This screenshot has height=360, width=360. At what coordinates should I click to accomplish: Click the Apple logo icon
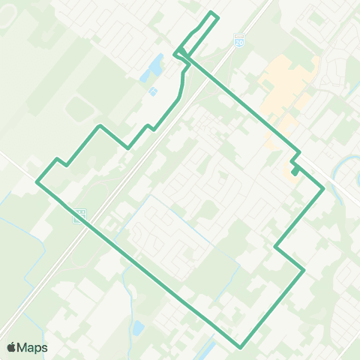click(11, 347)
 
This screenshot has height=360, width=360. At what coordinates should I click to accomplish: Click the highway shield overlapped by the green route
click(80, 215)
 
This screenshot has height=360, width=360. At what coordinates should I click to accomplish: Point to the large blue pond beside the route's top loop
click(155, 67)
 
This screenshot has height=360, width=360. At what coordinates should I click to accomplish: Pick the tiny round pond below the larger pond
click(153, 91)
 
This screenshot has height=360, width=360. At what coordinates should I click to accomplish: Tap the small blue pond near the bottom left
click(139, 328)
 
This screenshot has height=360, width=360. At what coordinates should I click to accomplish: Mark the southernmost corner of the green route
click(241, 347)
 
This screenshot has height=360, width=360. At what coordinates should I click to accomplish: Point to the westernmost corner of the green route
click(37, 181)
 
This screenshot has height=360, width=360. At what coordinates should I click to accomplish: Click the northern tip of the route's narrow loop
click(213, 13)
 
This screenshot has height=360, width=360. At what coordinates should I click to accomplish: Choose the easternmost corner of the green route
click(323, 189)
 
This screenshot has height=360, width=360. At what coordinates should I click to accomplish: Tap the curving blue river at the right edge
click(351, 169)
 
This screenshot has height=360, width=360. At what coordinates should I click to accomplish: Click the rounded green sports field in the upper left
click(79, 111)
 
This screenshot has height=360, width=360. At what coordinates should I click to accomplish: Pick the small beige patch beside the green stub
click(291, 177)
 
